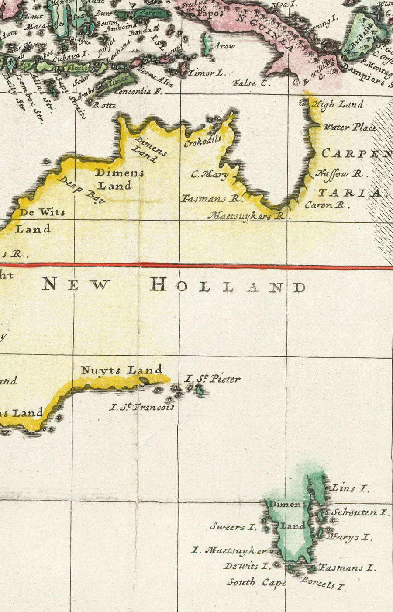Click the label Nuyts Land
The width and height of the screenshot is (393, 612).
click(121, 370)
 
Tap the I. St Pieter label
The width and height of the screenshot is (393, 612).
click(212, 378)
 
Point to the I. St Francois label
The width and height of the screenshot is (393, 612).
click(141, 407)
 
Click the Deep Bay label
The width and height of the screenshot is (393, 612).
click(81, 190)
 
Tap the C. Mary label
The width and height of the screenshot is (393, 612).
click(210, 175)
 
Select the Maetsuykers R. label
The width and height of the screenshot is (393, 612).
click(246, 215)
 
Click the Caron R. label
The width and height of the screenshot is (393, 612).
click(325, 204)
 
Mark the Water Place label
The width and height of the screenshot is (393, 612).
click(350, 128)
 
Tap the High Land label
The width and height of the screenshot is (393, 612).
click(337, 104)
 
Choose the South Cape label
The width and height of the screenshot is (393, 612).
click(256, 582)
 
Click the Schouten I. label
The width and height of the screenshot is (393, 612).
click(359, 512)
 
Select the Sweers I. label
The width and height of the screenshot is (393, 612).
click(233, 527)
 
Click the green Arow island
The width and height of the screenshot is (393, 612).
click(207, 45)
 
